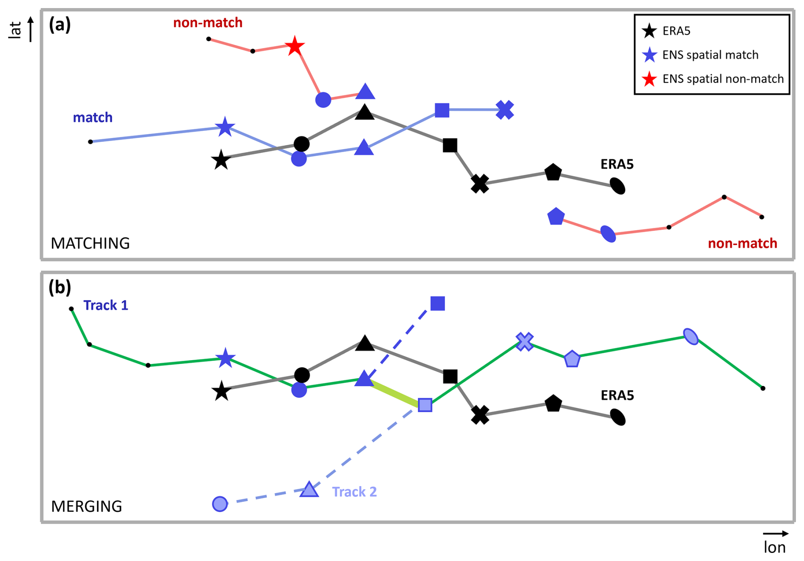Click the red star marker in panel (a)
(x=294, y=46)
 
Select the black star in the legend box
(x=649, y=31)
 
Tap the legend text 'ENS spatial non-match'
(x=723, y=79)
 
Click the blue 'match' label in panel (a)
(x=93, y=118)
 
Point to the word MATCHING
(x=90, y=243)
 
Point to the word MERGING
(x=86, y=506)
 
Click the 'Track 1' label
(x=105, y=305)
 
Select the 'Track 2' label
(x=354, y=492)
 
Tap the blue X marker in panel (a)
(x=504, y=110)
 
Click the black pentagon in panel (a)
(x=553, y=172)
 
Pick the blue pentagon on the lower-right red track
(x=555, y=217)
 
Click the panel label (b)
(x=59, y=288)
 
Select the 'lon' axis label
(x=774, y=547)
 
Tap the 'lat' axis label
(x=15, y=31)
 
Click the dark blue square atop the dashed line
(x=437, y=304)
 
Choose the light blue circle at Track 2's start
(x=220, y=504)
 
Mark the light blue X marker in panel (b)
(x=524, y=341)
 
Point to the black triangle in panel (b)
(x=365, y=344)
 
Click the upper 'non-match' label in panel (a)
(x=207, y=23)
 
